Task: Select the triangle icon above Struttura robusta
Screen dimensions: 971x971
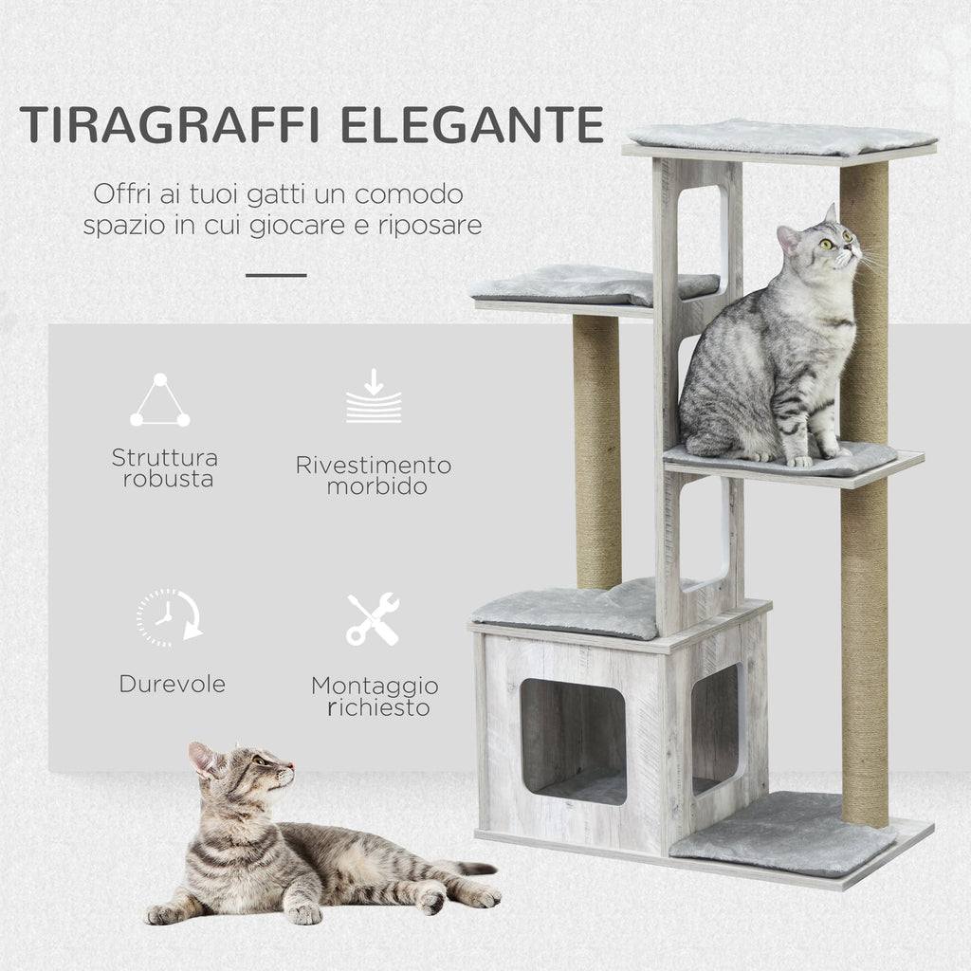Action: [x=160, y=401]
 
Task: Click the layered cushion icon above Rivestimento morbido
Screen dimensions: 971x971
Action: [x=374, y=397]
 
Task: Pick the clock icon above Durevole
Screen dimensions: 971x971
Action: [x=168, y=617]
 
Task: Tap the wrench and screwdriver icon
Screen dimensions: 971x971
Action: [x=373, y=619]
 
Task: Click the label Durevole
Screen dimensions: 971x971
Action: [x=172, y=683]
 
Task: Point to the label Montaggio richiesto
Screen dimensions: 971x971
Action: [x=375, y=696]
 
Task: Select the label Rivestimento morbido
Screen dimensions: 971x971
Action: [x=374, y=476]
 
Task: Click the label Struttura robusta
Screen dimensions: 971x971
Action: [x=164, y=468]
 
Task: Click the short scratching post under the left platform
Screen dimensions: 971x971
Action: [x=596, y=451]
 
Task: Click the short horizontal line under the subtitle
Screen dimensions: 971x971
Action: [x=276, y=275]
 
